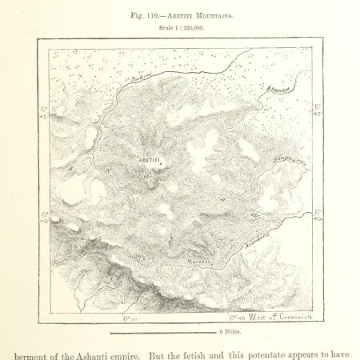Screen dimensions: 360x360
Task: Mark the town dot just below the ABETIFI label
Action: coord(157,166)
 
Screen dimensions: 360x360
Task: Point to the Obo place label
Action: coord(138,256)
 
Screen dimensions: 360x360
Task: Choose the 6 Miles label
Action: coord(232,330)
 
